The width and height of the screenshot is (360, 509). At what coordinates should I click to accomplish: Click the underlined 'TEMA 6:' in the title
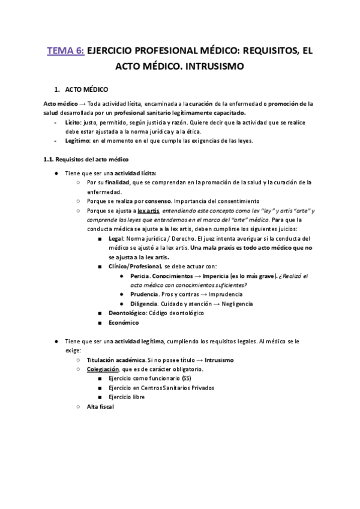(x=65, y=51)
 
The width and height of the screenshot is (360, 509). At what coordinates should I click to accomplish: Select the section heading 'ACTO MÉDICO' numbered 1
(x=86, y=89)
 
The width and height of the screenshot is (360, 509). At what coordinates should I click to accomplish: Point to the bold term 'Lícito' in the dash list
(x=73, y=121)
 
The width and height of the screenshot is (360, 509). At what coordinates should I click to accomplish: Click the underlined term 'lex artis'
(x=148, y=211)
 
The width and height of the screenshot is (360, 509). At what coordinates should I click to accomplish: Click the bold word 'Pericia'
(x=141, y=276)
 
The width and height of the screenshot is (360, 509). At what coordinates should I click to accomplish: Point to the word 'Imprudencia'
(x=222, y=295)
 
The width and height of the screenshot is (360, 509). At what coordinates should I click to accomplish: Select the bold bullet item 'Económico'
(x=124, y=323)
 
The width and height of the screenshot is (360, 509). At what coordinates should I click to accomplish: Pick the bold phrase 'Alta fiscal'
(x=100, y=407)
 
